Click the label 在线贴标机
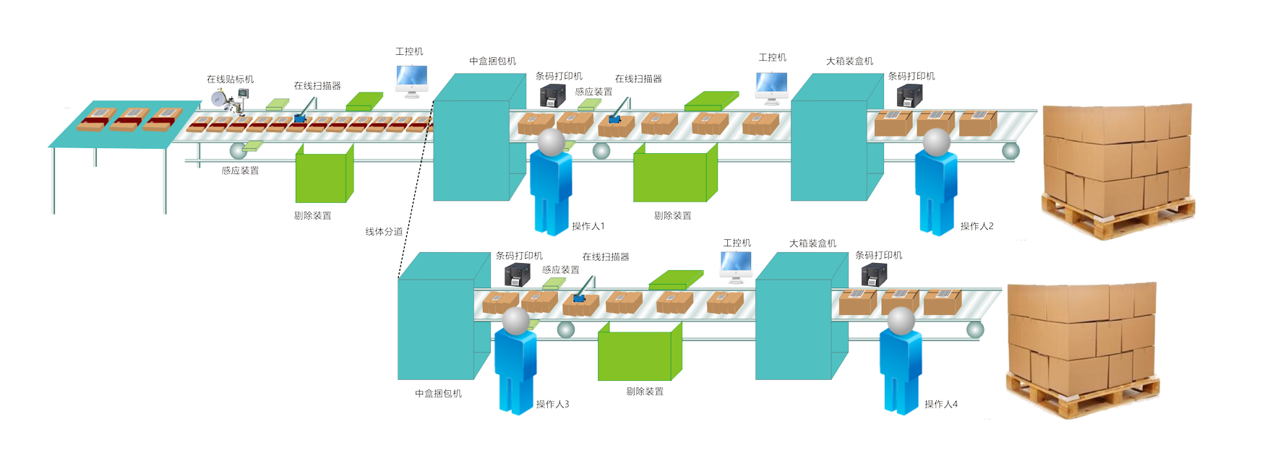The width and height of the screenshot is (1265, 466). coord(230,79)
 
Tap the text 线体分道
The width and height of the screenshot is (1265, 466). coord(384,232)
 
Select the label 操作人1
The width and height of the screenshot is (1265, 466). coord(588,226)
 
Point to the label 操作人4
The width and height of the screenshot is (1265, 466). coord(940,405)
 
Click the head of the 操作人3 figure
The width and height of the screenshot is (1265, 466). coord(516,321)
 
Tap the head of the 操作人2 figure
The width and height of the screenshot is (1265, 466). coord(937,142)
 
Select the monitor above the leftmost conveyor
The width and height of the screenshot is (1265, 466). coord(411,80)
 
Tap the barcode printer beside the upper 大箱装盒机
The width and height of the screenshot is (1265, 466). coord(910,96)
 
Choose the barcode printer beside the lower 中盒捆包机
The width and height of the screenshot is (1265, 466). coord(517,275)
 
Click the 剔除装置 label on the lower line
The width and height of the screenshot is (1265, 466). coord(644,392)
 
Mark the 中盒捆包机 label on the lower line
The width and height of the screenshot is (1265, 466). coord(438,394)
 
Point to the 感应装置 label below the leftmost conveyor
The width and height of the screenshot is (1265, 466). coord(240,171)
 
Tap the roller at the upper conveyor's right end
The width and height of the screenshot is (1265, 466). coord(1011,151)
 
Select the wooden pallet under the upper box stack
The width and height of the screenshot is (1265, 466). coord(1117,217)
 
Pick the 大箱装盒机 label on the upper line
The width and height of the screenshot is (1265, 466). coord(849,61)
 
